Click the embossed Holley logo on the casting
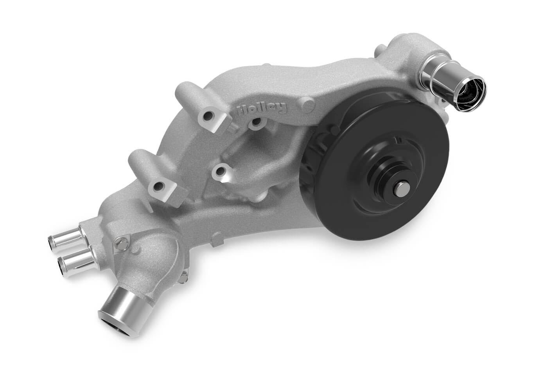point(262,109)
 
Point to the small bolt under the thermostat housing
point(183,278)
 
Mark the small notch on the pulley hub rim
point(400,140)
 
